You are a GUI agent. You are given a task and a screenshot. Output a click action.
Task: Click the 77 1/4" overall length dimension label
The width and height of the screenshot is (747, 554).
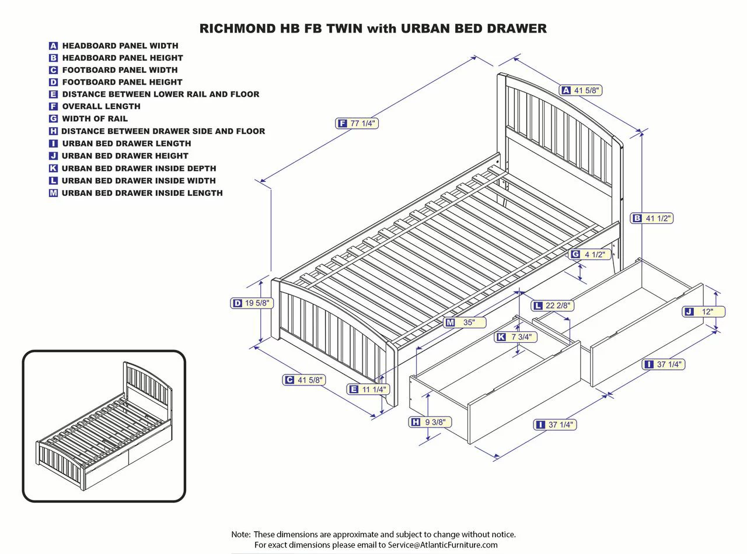pos(357,123)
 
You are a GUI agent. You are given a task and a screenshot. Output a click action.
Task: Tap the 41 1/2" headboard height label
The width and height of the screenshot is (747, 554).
pos(652,218)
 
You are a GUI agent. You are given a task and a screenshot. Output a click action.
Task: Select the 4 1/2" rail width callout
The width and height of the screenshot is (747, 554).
pos(590,254)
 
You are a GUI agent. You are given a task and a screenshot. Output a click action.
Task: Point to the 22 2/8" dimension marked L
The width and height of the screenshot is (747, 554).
pos(552,306)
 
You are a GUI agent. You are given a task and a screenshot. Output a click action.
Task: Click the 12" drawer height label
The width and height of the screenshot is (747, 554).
pos(704,311)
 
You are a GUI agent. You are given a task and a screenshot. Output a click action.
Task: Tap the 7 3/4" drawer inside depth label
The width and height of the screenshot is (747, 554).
pos(516,337)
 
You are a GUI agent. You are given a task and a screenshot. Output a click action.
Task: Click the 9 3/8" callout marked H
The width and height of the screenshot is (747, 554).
pos(430,422)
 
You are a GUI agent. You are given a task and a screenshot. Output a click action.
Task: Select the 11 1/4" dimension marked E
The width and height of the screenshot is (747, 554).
pos(368,389)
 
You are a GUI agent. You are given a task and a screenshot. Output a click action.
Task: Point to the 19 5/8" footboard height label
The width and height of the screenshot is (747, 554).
pos(252,303)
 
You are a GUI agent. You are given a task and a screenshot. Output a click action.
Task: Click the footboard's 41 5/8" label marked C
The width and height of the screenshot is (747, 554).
pos(304,380)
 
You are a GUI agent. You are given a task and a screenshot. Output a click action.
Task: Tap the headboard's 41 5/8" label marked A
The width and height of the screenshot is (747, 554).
pos(581,90)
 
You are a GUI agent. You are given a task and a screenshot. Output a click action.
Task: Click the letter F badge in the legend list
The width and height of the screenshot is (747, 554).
pos(53,106)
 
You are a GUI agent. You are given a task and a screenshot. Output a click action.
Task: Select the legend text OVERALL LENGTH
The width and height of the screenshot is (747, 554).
pos(101,106)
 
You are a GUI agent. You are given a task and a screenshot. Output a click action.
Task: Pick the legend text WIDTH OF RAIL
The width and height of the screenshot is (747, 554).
pos(95,118)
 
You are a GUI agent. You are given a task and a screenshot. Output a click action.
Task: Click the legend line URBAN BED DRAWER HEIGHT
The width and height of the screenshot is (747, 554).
pos(125,156)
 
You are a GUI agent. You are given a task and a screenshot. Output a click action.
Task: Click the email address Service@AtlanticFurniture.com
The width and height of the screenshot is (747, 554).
pos(442,545)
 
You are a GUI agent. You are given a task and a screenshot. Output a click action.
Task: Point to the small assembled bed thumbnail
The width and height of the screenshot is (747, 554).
pos(104,426)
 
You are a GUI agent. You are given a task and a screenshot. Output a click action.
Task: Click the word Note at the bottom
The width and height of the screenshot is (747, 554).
pos(240,534)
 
